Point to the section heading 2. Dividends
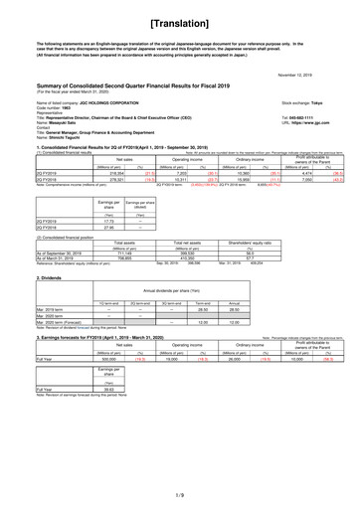23,307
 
